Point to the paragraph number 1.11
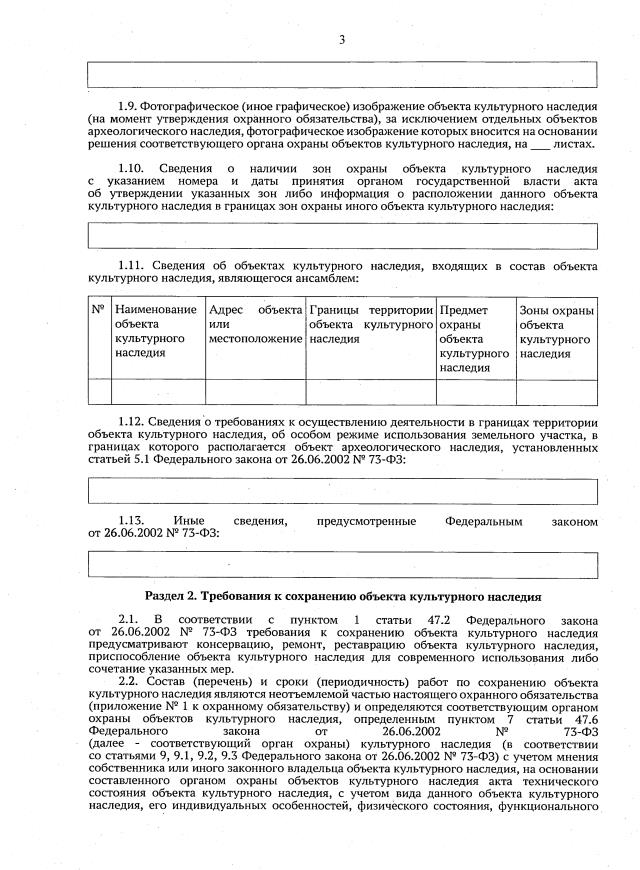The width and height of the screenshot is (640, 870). tap(133, 266)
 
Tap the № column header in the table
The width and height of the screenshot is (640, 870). tap(98, 311)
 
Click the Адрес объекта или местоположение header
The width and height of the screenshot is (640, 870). tap(255, 325)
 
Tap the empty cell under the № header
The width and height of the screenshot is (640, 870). tap(98, 392)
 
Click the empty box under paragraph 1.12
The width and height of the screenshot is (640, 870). tap(343, 492)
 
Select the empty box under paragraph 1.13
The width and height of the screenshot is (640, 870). tap(343, 564)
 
